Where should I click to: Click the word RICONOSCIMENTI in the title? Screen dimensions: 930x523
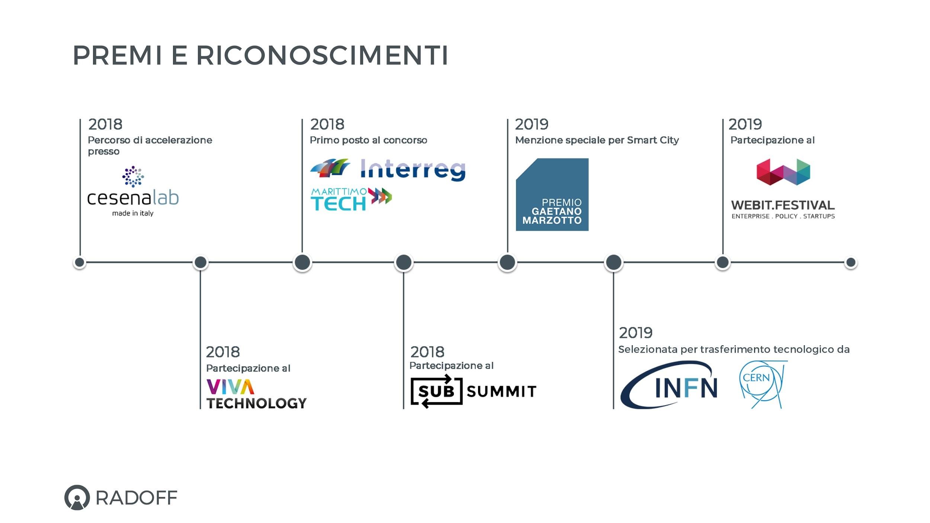point(322,55)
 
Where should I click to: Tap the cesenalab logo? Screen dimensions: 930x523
point(133,191)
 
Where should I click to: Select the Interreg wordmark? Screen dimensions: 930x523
point(413,170)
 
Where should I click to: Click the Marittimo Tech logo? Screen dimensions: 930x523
point(351,199)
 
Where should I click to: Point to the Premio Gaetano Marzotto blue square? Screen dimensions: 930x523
point(552,195)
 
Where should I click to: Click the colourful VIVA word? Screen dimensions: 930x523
point(230,387)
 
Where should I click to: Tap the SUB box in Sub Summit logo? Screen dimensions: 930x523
point(436,391)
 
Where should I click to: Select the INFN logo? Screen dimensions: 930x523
point(669,385)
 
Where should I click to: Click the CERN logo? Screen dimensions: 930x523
point(762,384)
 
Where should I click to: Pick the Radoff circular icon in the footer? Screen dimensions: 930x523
point(77,497)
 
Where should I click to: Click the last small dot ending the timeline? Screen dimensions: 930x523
point(851,263)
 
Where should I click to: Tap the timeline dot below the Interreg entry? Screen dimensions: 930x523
point(302,262)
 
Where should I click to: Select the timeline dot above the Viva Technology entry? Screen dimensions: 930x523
point(201,262)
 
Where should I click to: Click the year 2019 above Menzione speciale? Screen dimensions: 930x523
point(532,124)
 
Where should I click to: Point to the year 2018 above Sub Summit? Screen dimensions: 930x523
point(427,352)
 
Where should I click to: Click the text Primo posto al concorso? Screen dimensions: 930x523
point(368,140)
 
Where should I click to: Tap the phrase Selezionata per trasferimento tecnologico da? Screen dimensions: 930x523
point(734,350)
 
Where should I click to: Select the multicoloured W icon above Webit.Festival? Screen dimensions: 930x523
point(783,172)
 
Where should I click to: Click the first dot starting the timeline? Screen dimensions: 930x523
point(80,262)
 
